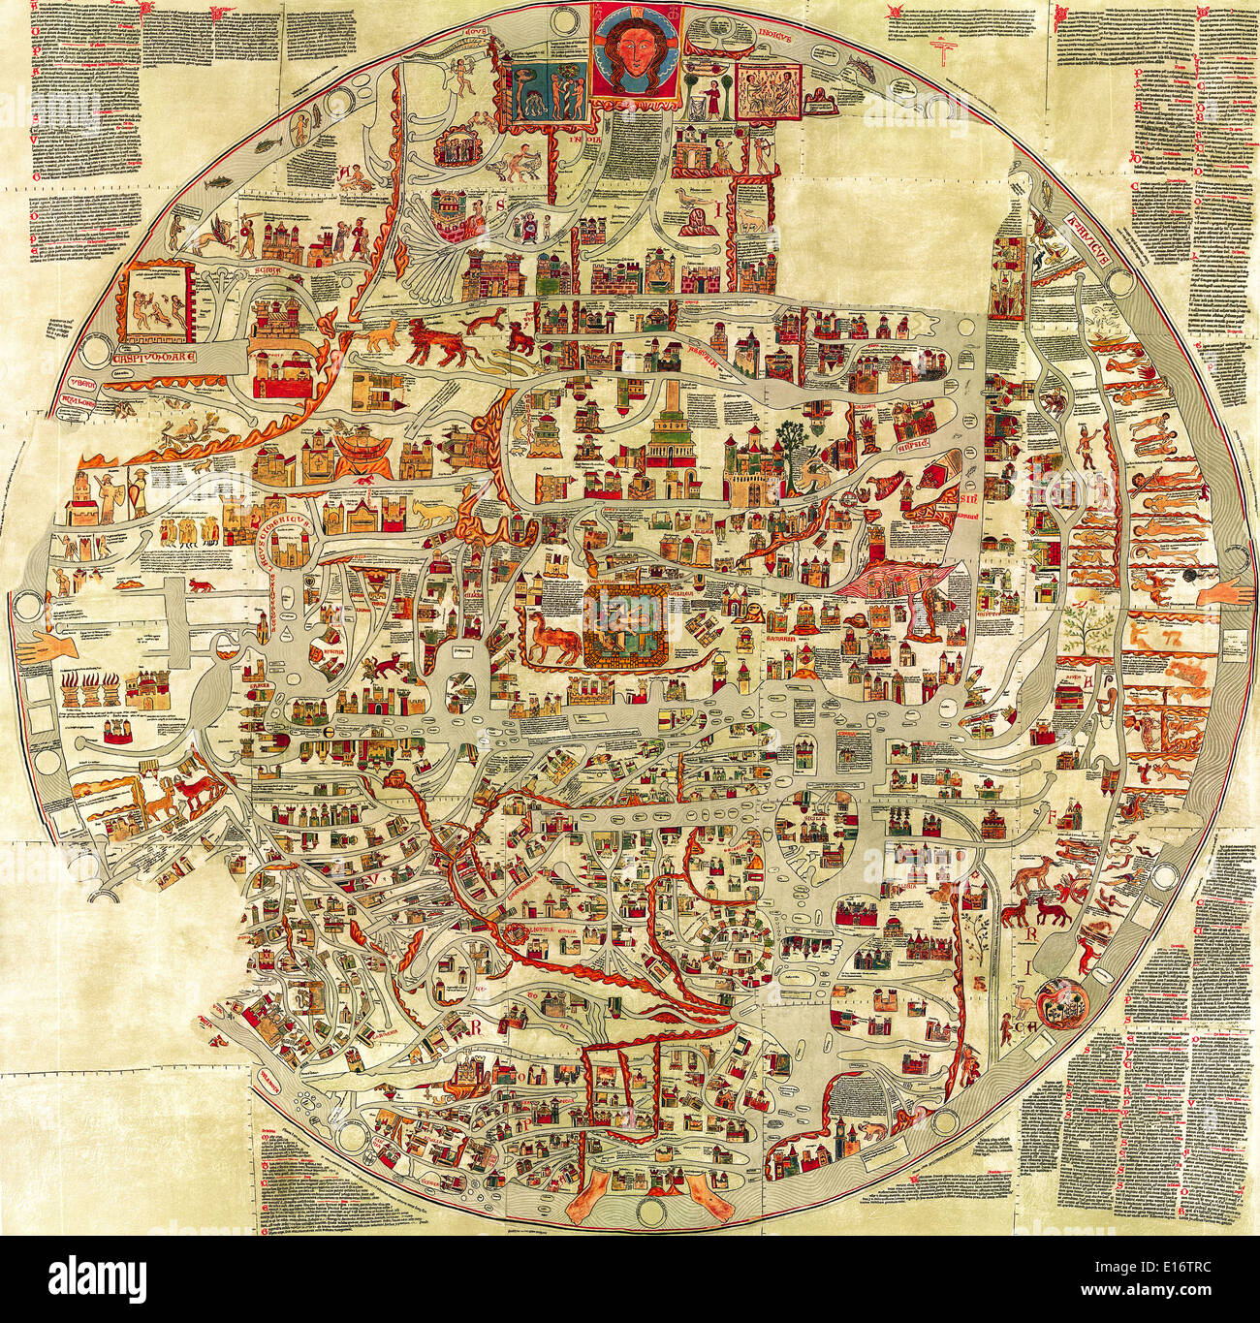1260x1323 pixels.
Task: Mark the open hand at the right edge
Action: click(x=1224, y=590)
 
